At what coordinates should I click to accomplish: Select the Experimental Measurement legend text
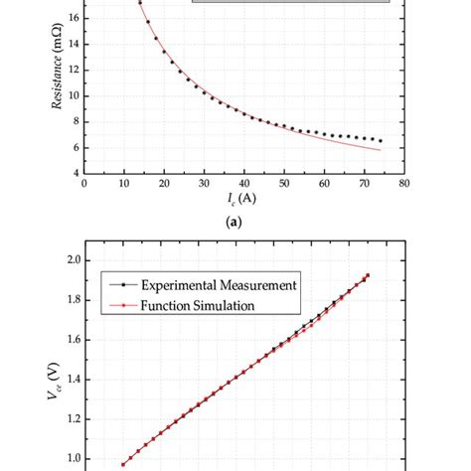[220, 284]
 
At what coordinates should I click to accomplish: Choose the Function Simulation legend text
[207, 305]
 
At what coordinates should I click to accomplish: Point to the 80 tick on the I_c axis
[403, 183]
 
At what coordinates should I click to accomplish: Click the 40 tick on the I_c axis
[243, 183]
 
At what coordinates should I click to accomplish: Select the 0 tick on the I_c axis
[84, 183]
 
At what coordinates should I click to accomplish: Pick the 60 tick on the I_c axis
[323, 183]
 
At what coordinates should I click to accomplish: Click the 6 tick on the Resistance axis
[75, 147]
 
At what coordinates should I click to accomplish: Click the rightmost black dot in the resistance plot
[380, 141]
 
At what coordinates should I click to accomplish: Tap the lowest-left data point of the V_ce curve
[123, 464]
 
